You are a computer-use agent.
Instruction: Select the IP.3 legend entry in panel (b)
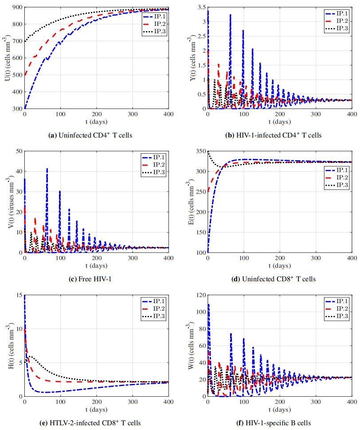point(337,29)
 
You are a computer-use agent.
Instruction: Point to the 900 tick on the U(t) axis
point(16,8)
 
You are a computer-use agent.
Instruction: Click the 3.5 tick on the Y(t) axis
point(198,8)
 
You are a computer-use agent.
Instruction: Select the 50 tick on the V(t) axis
point(18,151)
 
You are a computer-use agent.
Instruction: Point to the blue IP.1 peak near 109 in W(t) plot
point(208,304)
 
